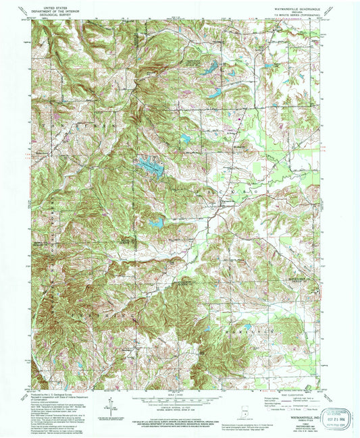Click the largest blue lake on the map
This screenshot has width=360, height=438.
pos(151,165)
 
